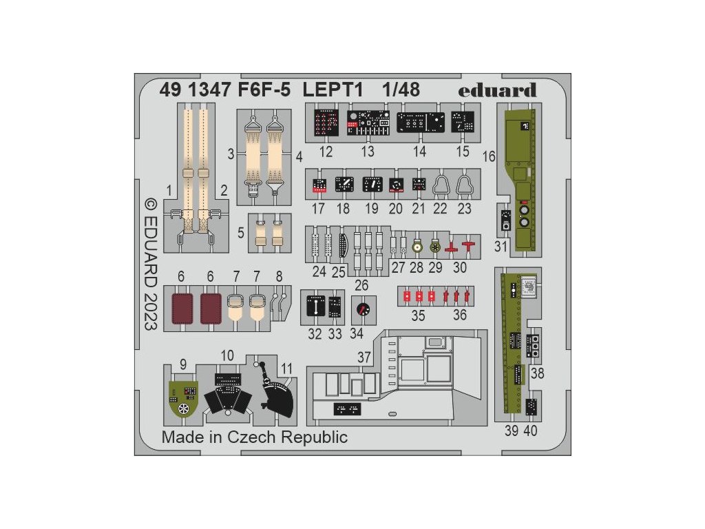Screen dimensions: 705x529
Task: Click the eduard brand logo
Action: coord(505,90)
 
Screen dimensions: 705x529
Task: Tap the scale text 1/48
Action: coord(400,90)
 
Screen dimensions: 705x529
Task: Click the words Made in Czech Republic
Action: coord(255,437)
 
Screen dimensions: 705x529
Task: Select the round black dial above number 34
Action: coord(360,311)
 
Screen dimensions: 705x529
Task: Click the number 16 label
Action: coord(489,156)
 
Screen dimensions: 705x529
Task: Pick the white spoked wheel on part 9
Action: coord(184,409)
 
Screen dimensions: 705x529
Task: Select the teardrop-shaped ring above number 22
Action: coord(441,185)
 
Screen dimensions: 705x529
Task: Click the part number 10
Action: coord(228,355)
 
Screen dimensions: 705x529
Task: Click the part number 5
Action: coord(241,233)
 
